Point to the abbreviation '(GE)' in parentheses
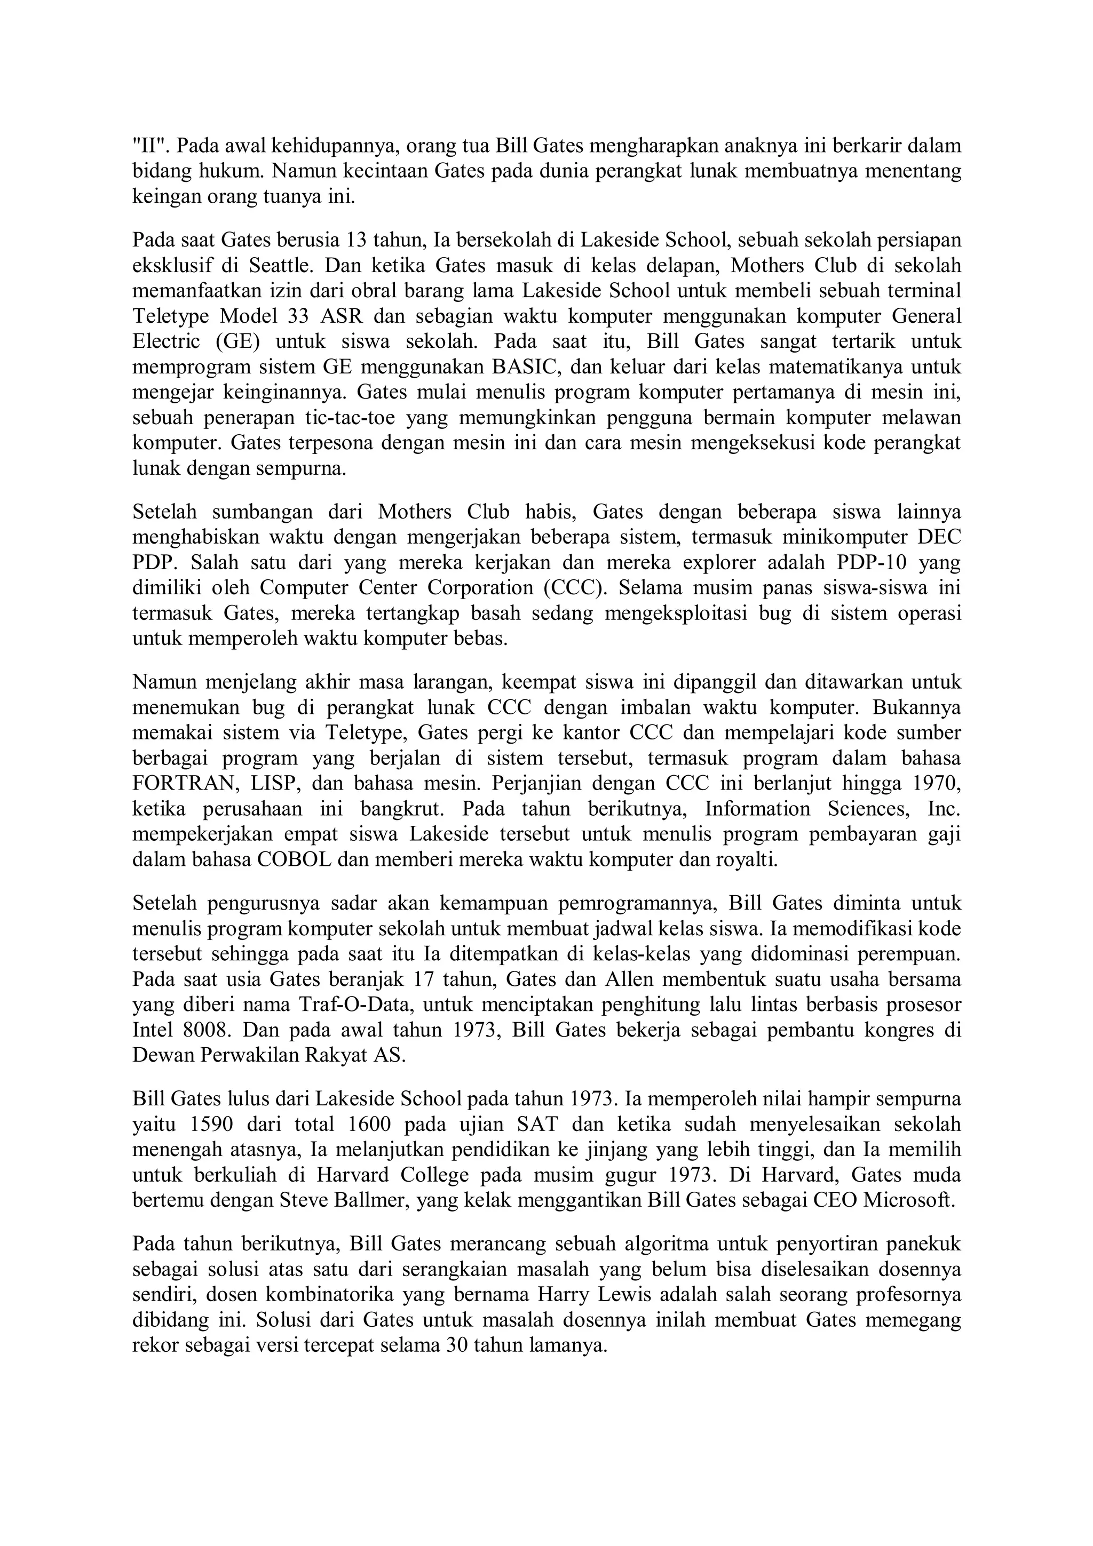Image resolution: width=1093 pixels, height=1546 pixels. click(237, 341)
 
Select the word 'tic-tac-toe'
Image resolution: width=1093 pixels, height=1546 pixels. click(352, 418)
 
